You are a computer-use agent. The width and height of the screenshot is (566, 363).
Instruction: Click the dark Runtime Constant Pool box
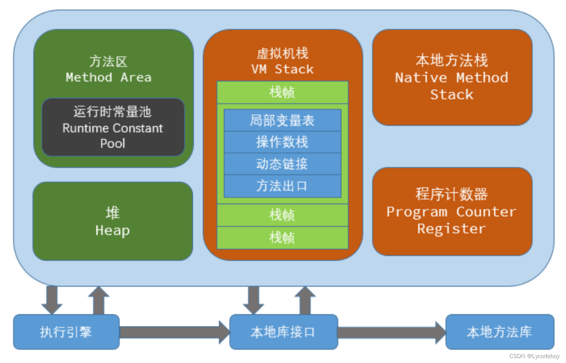(113, 127)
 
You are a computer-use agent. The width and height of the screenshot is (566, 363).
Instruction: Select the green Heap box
(113, 221)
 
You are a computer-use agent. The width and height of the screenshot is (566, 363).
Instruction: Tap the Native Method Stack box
(452, 77)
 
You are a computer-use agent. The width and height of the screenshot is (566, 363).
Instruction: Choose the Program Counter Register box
(452, 211)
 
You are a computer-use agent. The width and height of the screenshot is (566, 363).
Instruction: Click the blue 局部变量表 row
(282, 120)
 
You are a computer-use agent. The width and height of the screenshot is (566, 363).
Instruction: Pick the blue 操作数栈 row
(282, 142)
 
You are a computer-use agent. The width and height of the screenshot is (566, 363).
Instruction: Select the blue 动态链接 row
(282, 164)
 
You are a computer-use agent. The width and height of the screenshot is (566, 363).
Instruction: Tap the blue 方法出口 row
(282, 186)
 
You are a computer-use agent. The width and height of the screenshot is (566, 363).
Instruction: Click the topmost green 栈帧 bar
(282, 92)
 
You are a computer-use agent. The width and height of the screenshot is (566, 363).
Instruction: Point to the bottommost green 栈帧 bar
(282, 238)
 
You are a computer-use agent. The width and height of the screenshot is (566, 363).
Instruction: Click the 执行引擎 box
(66, 332)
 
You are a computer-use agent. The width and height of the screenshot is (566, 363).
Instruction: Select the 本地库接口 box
(283, 332)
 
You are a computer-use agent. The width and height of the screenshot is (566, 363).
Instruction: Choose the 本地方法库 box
(499, 332)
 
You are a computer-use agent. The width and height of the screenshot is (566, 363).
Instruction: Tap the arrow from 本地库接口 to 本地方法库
(392, 332)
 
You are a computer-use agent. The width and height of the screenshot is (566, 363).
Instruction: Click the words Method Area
(109, 77)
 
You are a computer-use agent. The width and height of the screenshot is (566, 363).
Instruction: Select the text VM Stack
(283, 69)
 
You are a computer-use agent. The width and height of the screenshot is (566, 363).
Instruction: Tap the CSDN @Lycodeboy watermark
(534, 356)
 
